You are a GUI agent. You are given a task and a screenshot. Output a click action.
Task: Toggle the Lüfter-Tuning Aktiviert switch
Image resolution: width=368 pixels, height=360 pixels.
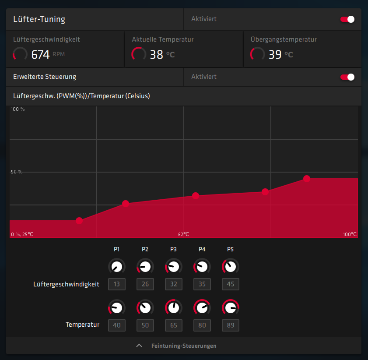(347, 19)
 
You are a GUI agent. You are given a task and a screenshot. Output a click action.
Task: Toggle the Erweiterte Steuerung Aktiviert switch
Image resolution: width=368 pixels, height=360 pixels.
(347, 77)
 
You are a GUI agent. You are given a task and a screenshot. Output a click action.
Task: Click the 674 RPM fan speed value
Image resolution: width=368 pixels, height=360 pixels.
(40, 54)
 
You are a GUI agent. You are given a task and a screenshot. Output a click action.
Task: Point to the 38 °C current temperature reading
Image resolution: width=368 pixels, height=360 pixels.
(157, 54)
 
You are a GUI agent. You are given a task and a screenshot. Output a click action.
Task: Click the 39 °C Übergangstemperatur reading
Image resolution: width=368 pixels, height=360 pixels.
(275, 54)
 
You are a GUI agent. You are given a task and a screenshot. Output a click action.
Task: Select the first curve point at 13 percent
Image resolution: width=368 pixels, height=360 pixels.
(79, 221)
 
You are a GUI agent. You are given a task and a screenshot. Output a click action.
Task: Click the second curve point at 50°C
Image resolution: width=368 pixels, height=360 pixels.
(126, 203)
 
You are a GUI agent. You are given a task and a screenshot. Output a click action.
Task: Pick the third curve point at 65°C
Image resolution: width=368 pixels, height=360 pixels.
(196, 196)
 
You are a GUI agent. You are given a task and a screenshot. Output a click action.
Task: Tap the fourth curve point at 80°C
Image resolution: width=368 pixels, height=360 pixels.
(265, 192)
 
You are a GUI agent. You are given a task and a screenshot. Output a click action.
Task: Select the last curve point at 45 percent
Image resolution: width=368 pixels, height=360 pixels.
(307, 179)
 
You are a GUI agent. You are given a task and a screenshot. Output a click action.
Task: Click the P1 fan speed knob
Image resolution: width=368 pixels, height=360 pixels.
(117, 267)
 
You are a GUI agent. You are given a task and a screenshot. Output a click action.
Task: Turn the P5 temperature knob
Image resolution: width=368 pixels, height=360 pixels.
(231, 308)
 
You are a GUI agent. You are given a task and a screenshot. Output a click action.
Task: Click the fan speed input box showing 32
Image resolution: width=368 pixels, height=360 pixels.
(174, 284)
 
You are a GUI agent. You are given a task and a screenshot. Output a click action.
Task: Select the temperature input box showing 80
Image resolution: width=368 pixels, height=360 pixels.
(202, 325)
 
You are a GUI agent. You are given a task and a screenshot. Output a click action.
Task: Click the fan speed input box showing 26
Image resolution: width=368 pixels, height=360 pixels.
(145, 284)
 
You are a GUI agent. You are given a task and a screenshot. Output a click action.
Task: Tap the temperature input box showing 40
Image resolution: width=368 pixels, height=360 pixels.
(117, 325)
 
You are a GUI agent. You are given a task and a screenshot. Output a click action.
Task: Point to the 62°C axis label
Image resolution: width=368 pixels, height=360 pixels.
(183, 234)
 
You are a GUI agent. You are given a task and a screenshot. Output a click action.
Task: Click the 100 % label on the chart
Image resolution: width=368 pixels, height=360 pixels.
(18, 109)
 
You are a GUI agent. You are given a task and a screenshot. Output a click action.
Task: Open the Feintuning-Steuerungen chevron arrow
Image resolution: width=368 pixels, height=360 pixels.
(139, 346)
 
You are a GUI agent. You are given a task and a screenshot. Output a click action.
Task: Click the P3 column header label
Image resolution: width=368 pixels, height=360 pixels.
(174, 249)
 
